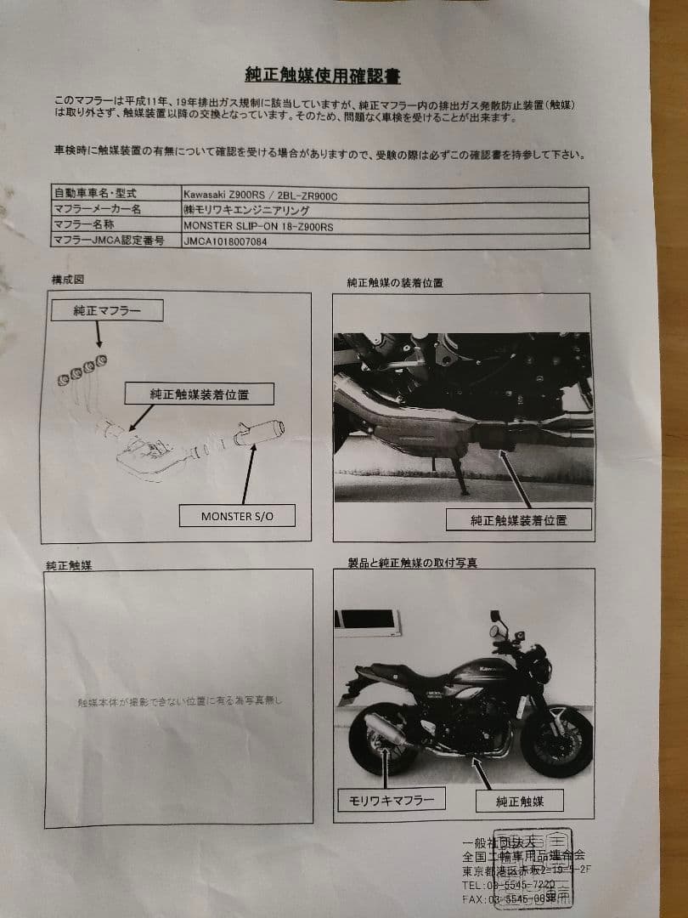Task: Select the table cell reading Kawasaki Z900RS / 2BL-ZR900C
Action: (x=266, y=195)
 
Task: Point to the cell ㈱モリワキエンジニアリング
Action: (x=246, y=210)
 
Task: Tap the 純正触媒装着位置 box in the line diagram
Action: (x=200, y=394)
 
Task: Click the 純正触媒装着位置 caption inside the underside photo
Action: (x=518, y=520)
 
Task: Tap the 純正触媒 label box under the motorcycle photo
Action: (x=520, y=800)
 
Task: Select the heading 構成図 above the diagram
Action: (x=67, y=280)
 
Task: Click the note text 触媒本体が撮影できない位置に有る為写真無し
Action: (x=178, y=701)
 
